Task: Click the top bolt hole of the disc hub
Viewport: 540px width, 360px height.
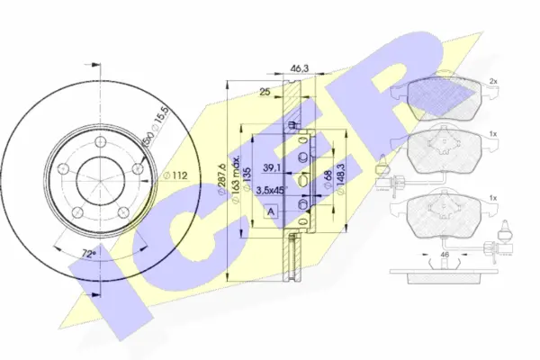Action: pos(95,140)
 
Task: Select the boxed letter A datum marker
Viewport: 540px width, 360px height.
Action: pos(272,210)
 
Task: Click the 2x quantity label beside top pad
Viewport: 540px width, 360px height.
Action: pos(493,82)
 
